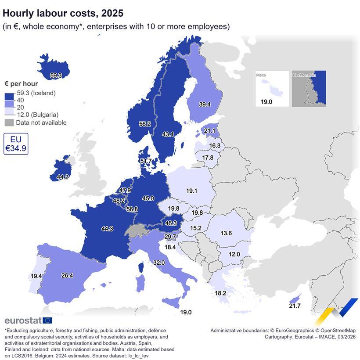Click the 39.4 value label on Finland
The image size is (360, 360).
205,104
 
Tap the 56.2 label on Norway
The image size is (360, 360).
145,124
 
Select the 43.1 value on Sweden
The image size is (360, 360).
168,134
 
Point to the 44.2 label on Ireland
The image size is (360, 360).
63,177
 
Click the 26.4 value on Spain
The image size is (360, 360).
67,276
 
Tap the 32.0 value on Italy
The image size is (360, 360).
159,263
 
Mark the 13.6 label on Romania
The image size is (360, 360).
226,233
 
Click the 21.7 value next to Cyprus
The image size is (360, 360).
295,306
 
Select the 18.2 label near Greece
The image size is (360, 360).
220,293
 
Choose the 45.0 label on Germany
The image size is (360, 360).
148,198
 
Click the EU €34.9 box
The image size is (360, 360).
16,144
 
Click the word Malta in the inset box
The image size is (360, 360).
261,76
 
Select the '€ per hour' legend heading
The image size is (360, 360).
21,84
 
